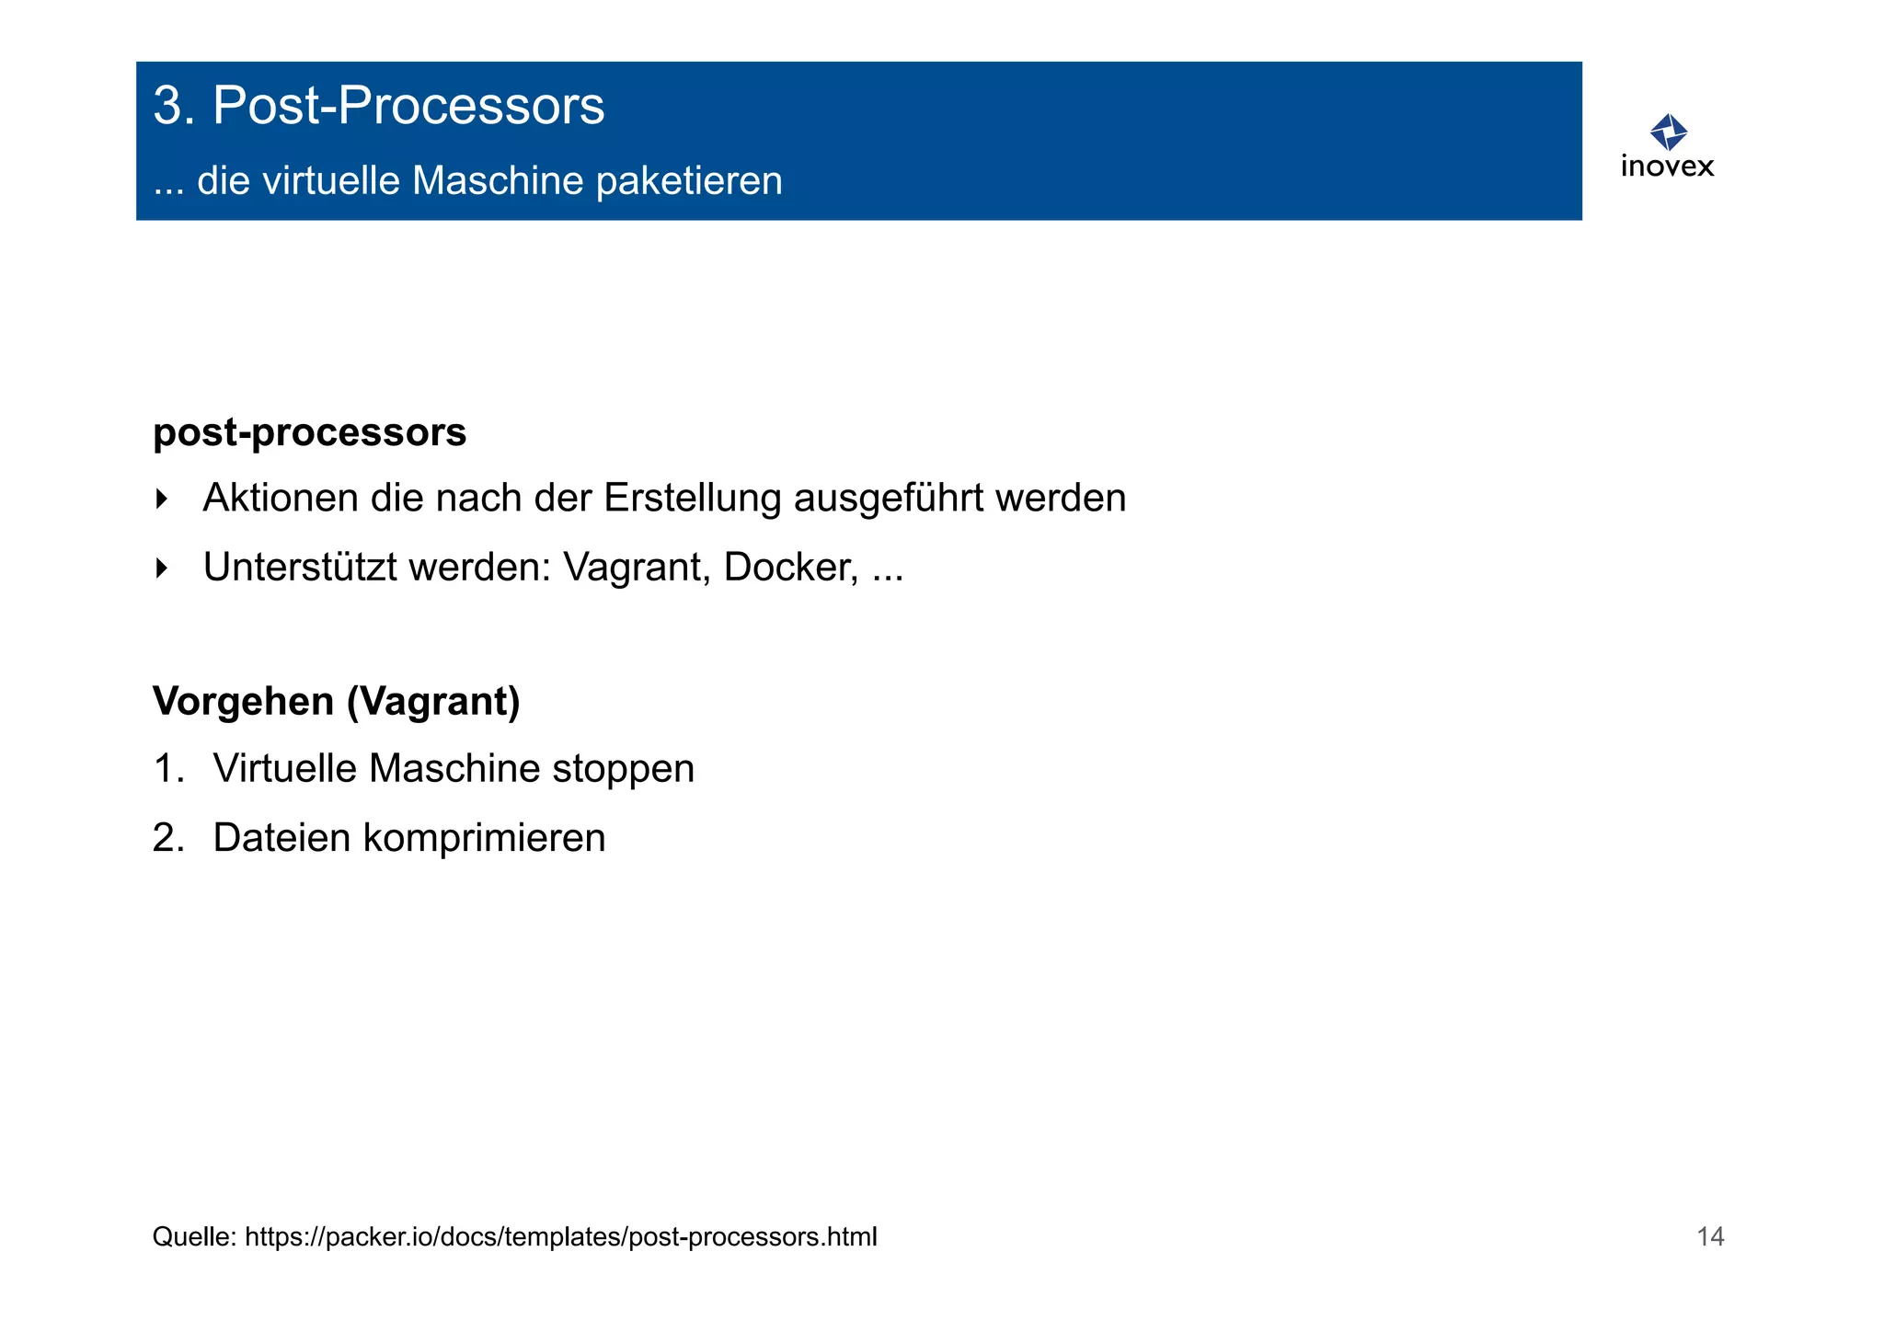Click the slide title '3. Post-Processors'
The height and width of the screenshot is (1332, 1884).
tap(378, 106)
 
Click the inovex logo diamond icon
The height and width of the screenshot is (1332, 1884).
tap(1668, 132)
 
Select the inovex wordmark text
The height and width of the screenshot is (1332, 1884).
tap(1667, 166)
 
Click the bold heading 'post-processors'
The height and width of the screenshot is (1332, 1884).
tap(309, 432)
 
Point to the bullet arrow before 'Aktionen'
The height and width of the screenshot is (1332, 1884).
tap(162, 499)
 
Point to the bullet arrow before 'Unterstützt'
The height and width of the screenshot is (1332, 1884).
tap(162, 568)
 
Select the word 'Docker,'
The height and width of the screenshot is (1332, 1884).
tap(791, 568)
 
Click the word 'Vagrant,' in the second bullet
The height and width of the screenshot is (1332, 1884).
tap(637, 568)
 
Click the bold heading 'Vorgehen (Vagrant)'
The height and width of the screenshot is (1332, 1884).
tap(336, 702)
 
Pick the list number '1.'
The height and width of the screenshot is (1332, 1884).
tap(168, 769)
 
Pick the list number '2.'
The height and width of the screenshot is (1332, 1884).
tap(168, 838)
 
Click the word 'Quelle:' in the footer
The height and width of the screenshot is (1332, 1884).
tap(194, 1237)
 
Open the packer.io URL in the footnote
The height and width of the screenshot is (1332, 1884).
tap(561, 1237)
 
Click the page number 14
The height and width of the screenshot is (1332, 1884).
tap(1710, 1236)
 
